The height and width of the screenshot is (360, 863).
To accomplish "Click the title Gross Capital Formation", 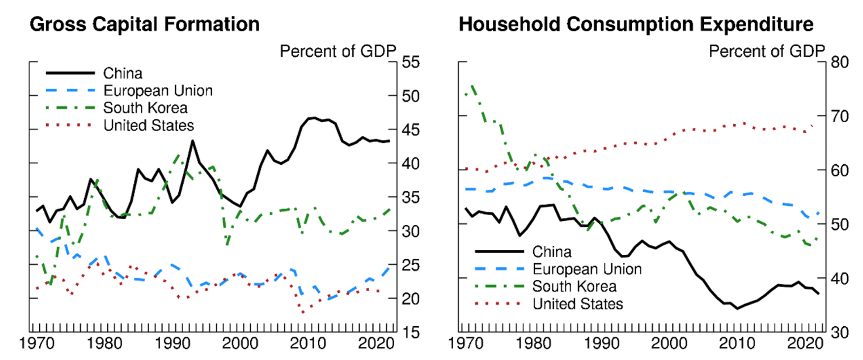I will [x=144, y=24].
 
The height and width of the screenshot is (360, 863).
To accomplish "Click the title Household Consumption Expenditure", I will [x=636, y=24].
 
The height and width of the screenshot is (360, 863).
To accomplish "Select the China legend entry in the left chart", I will [x=123, y=73].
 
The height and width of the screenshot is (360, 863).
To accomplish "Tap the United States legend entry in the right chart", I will [x=577, y=304].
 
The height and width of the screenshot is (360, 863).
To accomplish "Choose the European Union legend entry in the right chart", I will [x=587, y=269].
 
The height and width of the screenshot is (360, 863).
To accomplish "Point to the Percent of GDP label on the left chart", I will [x=338, y=51].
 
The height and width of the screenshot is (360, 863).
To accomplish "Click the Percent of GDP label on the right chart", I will [x=767, y=51].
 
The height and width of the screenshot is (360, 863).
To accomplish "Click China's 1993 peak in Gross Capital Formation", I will [x=192, y=140].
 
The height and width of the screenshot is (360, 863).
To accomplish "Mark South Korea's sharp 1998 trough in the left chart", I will [x=227, y=244].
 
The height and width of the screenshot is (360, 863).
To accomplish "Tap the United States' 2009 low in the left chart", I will [x=303, y=313].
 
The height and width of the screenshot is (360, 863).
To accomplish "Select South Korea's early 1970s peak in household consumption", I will [x=471, y=86].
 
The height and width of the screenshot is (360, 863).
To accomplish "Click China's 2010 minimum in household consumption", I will [x=737, y=308].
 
